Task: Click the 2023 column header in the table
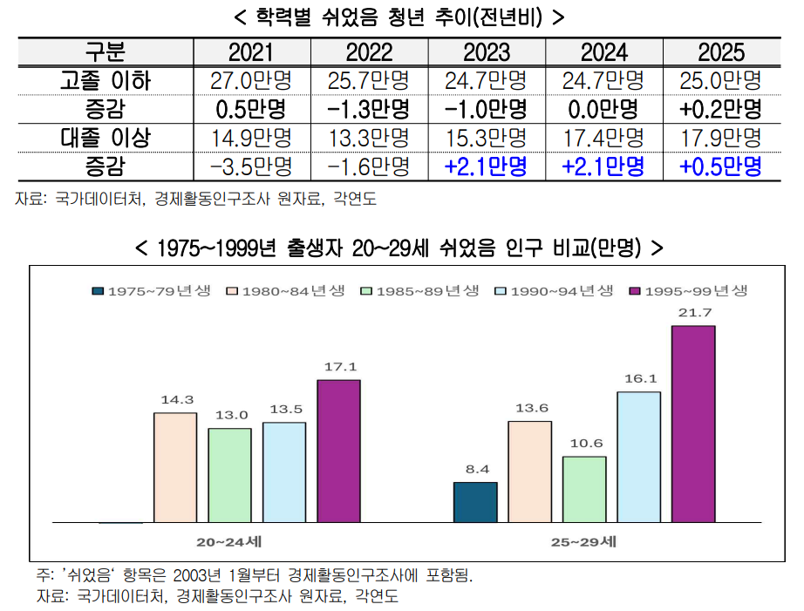[x=487, y=52]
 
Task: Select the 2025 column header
[x=721, y=52]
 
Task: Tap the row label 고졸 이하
[x=106, y=80]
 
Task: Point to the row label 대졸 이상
[x=106, y=138]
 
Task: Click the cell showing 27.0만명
[x=251, y=80]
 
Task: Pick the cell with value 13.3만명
[x=369, y=138]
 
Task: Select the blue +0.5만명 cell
[x=721, y=166]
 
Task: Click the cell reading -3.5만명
[x=251, y=166]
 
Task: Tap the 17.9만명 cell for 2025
[x=721, y=138]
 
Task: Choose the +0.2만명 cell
[x=721, y=109]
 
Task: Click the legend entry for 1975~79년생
[x=152, y=291]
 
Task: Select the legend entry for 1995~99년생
[x=689, y=291]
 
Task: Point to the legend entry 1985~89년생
[x=420, y=291]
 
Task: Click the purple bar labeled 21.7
[x=693, y=424]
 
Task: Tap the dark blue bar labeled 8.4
[x=475, y=502]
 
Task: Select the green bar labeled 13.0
[x=229, y=475]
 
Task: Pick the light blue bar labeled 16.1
[x=639, y=458]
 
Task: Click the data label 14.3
[x=177, y=400]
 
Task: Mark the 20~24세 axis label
[x=229, y=542]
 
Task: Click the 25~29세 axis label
[x=583, y=542]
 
